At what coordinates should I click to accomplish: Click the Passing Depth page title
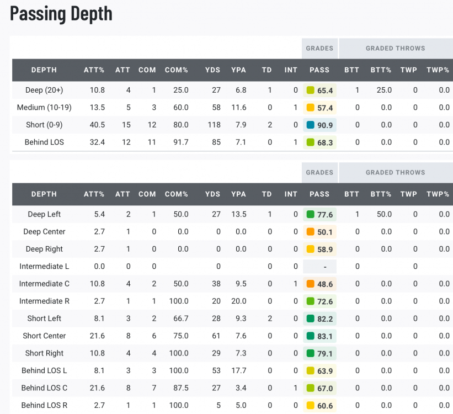[x=61, y=14]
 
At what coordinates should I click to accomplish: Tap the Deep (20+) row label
[x=44, y=90]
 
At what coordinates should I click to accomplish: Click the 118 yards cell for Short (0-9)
[x=213, y=125]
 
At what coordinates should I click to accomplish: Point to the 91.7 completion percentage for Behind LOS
[x=180, y=142]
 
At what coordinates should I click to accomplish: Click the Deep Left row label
[x=44, y=214]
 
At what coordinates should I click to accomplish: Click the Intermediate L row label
[x=44, y=266]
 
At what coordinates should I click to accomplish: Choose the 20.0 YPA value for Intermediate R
[x=238, y=301]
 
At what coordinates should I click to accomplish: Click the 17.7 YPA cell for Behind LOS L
[x=238, y=370]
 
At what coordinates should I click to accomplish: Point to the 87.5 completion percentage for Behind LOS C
[x=180, y=388]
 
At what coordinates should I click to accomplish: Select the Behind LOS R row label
[x=44, y=405]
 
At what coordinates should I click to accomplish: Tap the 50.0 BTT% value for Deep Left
[x=384, y=214]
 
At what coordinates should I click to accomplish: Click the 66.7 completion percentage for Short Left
[x=180, y=319]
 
